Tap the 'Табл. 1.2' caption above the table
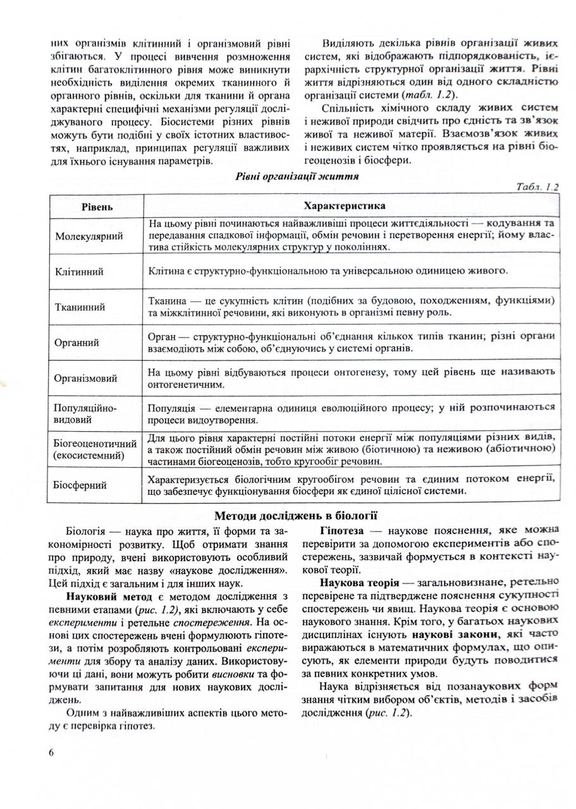click(537, 187)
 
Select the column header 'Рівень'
click(97, 207)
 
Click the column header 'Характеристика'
click(345, 207)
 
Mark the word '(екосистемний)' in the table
click(89, 455)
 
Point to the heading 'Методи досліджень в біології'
click(296, 515)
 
